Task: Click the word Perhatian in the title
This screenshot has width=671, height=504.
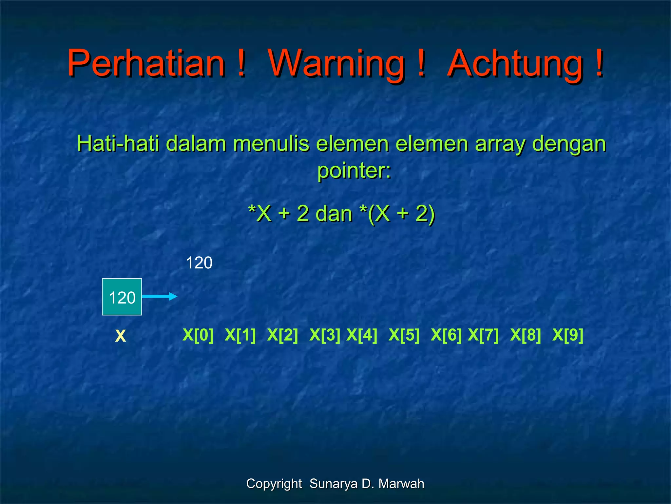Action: click(x=146, y=63)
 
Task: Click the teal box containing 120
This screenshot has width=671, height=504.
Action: click(x=122, y=297)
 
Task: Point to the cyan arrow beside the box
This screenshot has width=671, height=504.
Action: click(x=160, y=297)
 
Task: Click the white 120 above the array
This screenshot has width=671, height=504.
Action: click(x=199, y=263)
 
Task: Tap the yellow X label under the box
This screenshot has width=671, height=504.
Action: click(x=120, y=336)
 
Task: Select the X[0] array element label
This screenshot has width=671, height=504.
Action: click(x=198, y=335)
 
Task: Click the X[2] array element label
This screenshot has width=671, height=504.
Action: click(x=282, y=335)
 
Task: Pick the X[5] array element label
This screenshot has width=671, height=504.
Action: click(x=404, y=335)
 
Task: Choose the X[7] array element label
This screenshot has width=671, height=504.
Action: click(x=483, y=335)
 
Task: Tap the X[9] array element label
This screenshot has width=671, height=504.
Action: click(x=568, y=335)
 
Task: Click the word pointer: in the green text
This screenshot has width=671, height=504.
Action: click(x=354, y=171)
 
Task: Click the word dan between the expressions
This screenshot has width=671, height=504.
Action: click(x=334, y=214)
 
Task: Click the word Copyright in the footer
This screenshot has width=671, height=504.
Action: click(x=274, y=484)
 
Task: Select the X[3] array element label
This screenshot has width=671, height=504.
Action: click(x=325, y=335)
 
